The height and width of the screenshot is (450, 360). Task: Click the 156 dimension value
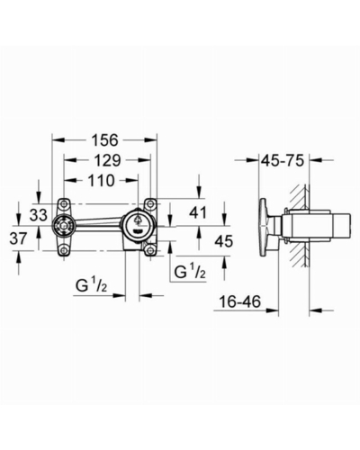[105, 140]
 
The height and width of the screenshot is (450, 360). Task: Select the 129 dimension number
[106, 160]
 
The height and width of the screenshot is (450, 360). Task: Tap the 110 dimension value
[101, 181]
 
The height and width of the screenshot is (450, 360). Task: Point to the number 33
[39, 215]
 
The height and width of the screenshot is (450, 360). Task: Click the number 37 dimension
[19, 238]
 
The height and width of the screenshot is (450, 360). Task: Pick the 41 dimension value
[198, 212]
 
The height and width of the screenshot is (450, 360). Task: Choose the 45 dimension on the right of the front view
[224, 241]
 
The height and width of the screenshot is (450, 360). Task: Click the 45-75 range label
[283, 160]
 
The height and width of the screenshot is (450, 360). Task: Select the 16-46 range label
[239, 301]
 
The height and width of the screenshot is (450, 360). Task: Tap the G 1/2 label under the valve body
[91, 286]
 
